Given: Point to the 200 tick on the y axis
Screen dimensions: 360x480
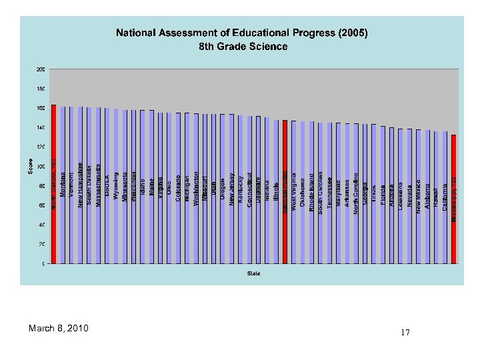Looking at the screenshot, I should click(41, 69).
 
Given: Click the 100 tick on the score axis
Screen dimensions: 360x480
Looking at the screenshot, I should click(41, 166).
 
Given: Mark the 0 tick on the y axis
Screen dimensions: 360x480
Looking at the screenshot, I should click(43, 263).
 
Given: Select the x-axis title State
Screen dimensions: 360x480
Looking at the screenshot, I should click(253, 273).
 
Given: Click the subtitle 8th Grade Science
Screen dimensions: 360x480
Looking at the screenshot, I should click(243, 47).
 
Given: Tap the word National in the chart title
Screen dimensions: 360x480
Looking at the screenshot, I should click(139, 33).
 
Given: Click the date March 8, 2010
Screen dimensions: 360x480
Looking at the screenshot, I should click(59, 329).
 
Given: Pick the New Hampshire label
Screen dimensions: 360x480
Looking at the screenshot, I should click(80, 185).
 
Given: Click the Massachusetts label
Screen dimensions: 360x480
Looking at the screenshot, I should click(98, 185).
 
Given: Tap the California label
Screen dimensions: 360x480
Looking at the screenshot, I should click(445, 197).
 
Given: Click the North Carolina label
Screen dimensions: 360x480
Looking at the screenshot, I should click(356, 193).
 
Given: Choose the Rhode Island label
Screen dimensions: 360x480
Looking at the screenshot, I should click(311, 194).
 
